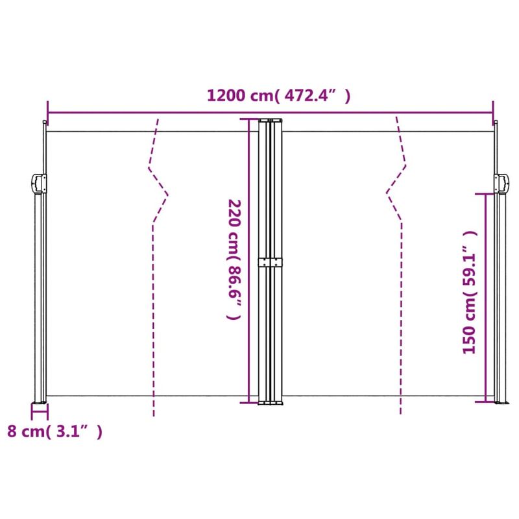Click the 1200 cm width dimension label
tap(279, 96)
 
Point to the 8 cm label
tap(54, 431)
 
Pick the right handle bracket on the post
tap(501, 184)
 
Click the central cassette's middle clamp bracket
tap(271, 262)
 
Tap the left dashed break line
tap(156, 259)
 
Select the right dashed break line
tap(399, 259)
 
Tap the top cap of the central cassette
tap(270, 120)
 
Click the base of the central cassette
tap(270, 403)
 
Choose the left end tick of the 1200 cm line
tap(47, 108)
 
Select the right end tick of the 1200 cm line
tap(493, 108)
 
